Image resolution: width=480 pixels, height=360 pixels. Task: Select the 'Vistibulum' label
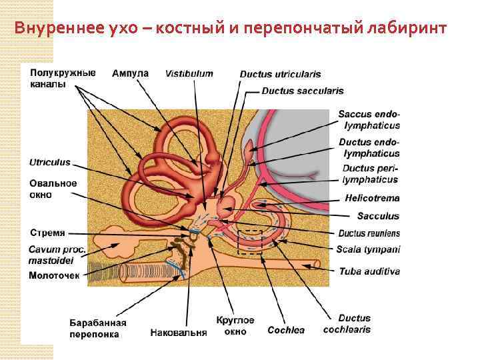189,73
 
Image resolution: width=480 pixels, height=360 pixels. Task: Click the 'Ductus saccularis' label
303,91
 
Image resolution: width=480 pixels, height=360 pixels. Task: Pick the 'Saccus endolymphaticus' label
369,119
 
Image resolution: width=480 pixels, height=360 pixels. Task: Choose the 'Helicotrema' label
372,198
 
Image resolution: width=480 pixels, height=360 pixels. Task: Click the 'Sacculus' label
378,216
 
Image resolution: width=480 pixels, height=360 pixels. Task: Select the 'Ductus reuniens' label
369,233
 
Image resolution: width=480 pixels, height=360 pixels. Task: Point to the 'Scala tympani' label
368,250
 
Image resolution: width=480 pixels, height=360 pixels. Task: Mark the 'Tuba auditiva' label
369,271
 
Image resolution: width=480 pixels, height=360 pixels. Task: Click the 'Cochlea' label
286,330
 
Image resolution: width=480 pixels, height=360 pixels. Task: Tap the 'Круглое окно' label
234,325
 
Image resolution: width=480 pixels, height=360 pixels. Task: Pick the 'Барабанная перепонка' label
98,329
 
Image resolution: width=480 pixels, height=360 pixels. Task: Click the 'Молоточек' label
55,275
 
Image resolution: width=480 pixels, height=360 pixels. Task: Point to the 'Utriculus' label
49,163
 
